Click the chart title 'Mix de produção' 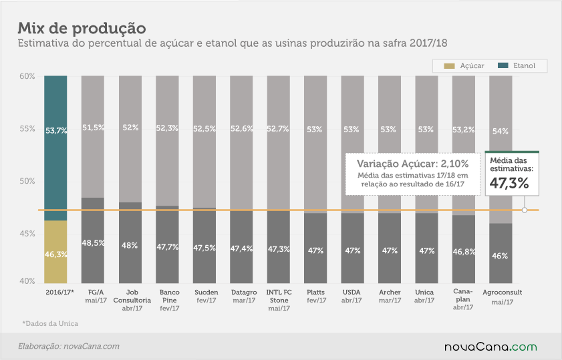point(82,28)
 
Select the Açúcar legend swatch point(449,66)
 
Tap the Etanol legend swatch point(503,65)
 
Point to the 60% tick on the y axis point(27,76)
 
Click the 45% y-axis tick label point(27,234)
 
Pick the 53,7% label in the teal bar point(56,131)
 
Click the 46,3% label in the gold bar point(56,254)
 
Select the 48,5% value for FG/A point(93,243)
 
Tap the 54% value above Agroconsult point(501,131)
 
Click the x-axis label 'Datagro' point(244,293)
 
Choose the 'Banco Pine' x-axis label point(170,297)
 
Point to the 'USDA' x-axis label point(352,293)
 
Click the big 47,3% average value point(509,183)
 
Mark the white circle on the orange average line point(525,210)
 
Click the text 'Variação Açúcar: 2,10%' point(412,164)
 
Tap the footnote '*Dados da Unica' point(50,323)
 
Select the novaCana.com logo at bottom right point(490,347)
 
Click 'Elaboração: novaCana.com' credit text point(69,347)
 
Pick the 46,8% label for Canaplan point(464,252)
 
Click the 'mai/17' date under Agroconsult point(503,302)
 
